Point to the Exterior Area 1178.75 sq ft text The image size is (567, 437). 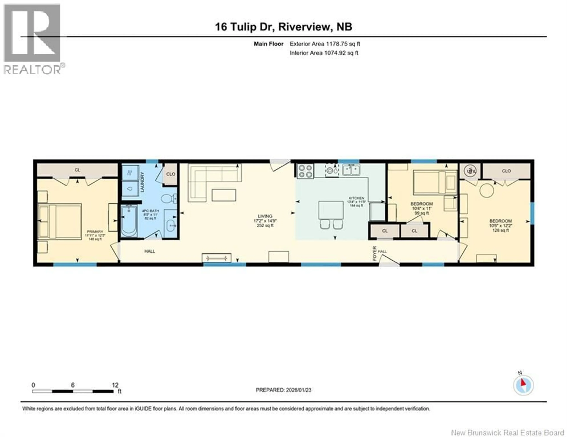325,44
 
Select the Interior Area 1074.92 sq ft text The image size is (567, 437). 324,53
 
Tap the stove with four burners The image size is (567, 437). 305,171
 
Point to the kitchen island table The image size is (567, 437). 331,210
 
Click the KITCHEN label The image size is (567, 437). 356,198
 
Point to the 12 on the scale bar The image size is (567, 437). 115,385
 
